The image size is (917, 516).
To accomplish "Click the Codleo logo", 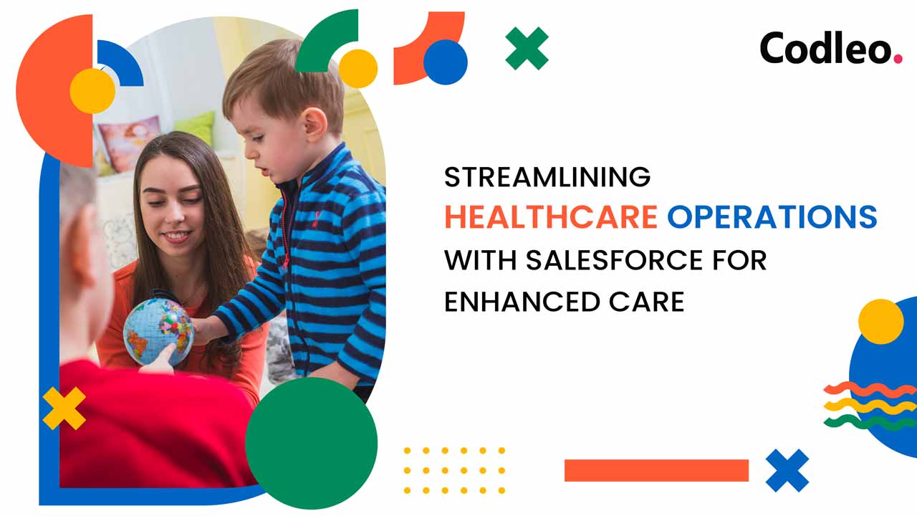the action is pyautogui.click(x=831, y=48).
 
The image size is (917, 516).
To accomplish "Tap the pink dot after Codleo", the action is pyautogui.click(x=898, y=59).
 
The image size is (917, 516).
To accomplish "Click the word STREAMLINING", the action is pyautogui.click(x=547, y=177).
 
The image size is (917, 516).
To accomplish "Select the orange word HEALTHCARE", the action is pyautogui.click(x=551, y=216).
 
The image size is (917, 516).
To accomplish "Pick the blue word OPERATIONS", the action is pyautogui.click(x=772, y=216).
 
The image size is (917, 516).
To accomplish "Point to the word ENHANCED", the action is pyautogui.click(x=522, y=302).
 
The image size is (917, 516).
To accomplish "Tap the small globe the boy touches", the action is pyautogui.click(x=158, y=332).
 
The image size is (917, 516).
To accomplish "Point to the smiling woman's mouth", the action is pyautogui.click(x=176, y=236).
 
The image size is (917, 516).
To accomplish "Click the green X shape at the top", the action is pyautogui.click(x=527, y=48).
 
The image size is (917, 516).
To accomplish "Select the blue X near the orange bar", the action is pyautogui.click(x=787, y=471).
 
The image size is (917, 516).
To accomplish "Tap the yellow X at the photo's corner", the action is pyautogui.click(x=64, y=408).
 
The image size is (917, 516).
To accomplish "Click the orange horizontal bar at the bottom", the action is pyautogui.click(x=657, y=471).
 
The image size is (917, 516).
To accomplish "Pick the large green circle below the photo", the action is pyautogui.click(x=311, y=443).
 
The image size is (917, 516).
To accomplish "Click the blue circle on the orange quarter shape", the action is pyautogui.click(x=446, y=62).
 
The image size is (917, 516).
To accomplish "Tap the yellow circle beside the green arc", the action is pyautogui.click(x=357, y=68).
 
